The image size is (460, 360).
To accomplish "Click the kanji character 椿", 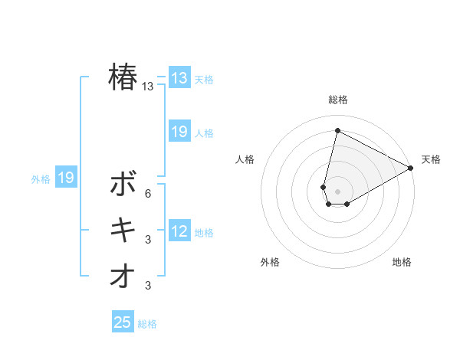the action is (x=123, y=77).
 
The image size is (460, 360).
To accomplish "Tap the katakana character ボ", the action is (x=123, y=184).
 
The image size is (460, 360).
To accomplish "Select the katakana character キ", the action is (x=123, y=230).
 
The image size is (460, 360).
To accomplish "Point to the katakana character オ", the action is (x=123, y=277).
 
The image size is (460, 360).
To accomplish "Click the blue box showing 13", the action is (x=179, y=78).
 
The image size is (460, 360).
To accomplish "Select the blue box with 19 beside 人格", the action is (x=179, y=132).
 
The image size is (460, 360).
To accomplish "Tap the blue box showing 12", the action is (x=179, y=231).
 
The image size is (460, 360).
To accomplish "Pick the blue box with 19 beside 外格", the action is (x=66, y=178).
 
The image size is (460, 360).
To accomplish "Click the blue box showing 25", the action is (x=123, y=322).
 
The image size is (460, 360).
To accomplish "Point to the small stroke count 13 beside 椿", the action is (x=148, y=87).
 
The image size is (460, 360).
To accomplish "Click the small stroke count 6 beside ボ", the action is (x=148, y=193).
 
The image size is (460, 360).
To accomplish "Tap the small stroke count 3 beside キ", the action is (x=148, y=240).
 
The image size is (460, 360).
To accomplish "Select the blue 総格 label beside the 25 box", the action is (x=147, y=324).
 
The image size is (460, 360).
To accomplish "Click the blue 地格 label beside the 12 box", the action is (x=204, y=233).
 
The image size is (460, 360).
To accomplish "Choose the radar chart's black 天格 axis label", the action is (x=431, y=159).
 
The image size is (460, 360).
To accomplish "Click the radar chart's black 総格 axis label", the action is (x=338, y=100).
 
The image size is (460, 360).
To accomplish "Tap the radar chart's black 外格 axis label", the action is (x=270, y=262).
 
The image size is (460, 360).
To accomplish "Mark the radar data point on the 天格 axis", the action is (x=412, y=168).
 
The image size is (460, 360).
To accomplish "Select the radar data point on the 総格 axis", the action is (x=337, y=130).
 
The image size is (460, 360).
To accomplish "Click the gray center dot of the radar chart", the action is (x=337, y=191).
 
